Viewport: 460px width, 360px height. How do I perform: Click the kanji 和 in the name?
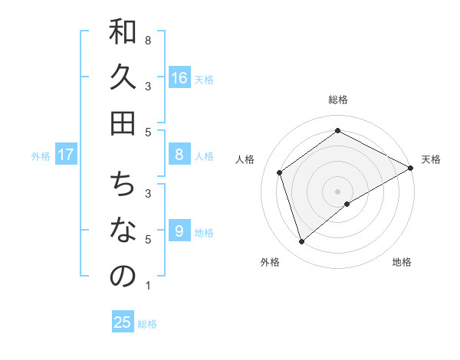coord(123,33)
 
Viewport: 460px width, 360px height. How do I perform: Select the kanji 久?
coord(123,78)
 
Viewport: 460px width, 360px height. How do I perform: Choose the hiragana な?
coord(123,231)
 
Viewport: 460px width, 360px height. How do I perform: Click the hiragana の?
coord(123,277)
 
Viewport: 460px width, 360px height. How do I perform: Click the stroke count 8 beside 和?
coord(147,40)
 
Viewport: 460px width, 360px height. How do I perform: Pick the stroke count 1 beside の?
coord(147,286)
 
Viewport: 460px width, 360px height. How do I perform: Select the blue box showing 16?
coord(179,77)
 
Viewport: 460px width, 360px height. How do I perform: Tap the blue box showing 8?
coord(179,155)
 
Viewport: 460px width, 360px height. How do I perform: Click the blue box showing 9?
coord(179,231)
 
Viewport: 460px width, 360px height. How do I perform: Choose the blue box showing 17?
coord(66,155)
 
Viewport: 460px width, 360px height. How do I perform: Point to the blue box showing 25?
coord(123,322)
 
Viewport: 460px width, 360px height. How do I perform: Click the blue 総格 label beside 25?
coord(147,324)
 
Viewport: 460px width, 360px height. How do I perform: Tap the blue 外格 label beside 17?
coord(41,156)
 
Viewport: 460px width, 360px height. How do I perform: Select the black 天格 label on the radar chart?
coord(431,159)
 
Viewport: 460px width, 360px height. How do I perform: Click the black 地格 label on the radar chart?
coord(402,262)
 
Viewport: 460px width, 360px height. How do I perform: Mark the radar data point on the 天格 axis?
coord(410,168)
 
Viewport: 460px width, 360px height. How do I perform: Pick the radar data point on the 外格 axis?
coord(302,242)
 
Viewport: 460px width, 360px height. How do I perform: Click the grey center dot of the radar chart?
coord(338,191)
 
